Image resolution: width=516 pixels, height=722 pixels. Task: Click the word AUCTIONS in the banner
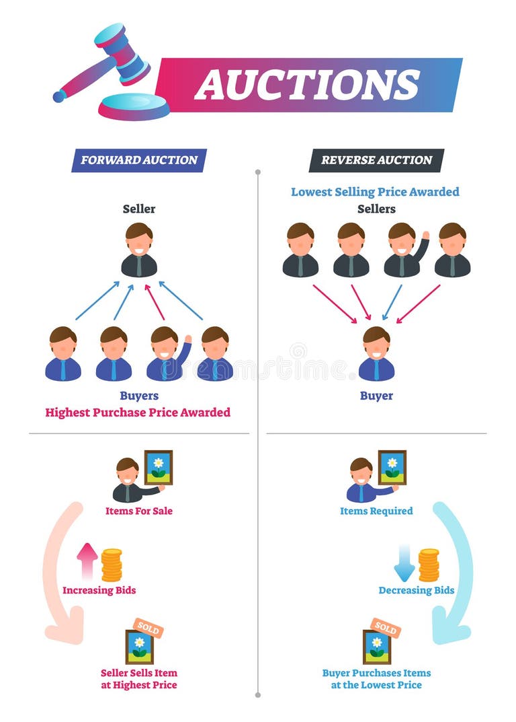pyautogui.click(x=307, y=85)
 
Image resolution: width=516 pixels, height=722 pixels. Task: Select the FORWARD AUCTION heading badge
pyautogui.click(x=139, y=160)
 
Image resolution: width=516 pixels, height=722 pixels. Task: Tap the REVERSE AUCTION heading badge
pyautogui.click(x=376, y=160)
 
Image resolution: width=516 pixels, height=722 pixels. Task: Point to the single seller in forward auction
pyautogui.click(x=139, y=250)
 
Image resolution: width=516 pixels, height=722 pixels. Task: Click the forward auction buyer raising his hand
pyautogui.click(x=166, y=354)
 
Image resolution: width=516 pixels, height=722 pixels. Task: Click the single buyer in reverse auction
pyautogui.click(x=376, y=354)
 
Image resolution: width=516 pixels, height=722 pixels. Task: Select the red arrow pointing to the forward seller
pyautogui.click(x=155, y=301)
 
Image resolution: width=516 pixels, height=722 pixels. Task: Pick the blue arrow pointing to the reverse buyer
pyautogui.click(x=392, y=301)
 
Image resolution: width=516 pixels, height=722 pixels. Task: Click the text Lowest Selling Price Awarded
pyautogui.click(x=375, y=192)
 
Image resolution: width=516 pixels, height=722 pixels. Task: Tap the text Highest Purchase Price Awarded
pyautogui.click(x=138, y=412)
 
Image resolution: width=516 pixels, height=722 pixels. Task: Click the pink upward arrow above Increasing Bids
pyautogui.click(x=87, y=561)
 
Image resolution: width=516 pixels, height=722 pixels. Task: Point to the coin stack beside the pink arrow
pyautogui.click(x=112, y=565)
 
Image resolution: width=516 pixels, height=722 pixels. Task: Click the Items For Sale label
pyautogui.click(x=139, y=511)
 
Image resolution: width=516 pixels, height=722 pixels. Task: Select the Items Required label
pyautogui.click(x=376, y=511)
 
